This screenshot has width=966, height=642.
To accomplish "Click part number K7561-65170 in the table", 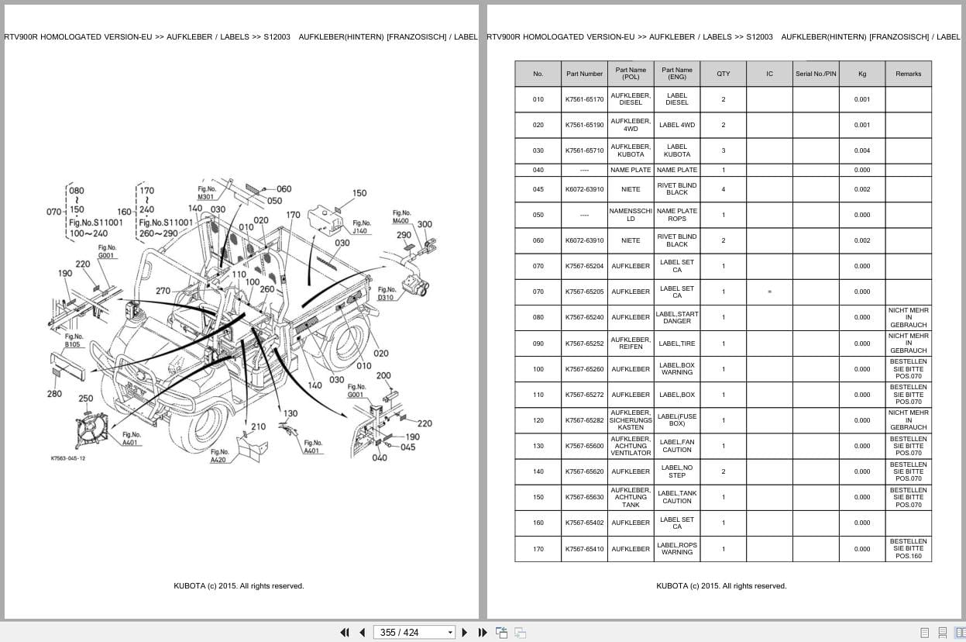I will (584, 99).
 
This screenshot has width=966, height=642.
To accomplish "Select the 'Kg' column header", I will (861, 74).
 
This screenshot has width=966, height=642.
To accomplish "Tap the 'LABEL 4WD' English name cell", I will (677, 125).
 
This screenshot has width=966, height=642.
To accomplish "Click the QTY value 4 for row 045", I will (723, 189).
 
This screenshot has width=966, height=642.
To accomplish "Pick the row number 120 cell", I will (538, 420).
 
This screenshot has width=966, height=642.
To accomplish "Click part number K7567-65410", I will (584, 549).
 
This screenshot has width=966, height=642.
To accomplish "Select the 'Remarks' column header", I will (908, 74).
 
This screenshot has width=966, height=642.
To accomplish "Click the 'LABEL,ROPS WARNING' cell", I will (677, 549).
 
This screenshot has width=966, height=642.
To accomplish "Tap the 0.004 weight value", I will (861, 150).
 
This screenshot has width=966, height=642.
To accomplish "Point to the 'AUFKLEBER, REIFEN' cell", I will (631, 343).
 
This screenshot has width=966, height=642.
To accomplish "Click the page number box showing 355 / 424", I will (414, 632).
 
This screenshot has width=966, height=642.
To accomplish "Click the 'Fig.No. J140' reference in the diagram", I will (360, 226).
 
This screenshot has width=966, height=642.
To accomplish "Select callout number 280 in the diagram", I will (54, 394).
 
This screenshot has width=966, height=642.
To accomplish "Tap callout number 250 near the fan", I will (85, 399).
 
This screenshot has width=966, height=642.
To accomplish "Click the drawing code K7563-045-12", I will (68, 458).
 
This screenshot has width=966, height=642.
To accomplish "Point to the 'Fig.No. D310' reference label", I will (386, 293).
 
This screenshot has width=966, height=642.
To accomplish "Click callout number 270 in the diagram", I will (163, 292).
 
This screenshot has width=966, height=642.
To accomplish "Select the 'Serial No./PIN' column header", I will (816, 74).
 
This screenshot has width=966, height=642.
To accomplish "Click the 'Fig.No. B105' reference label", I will (73, 340).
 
